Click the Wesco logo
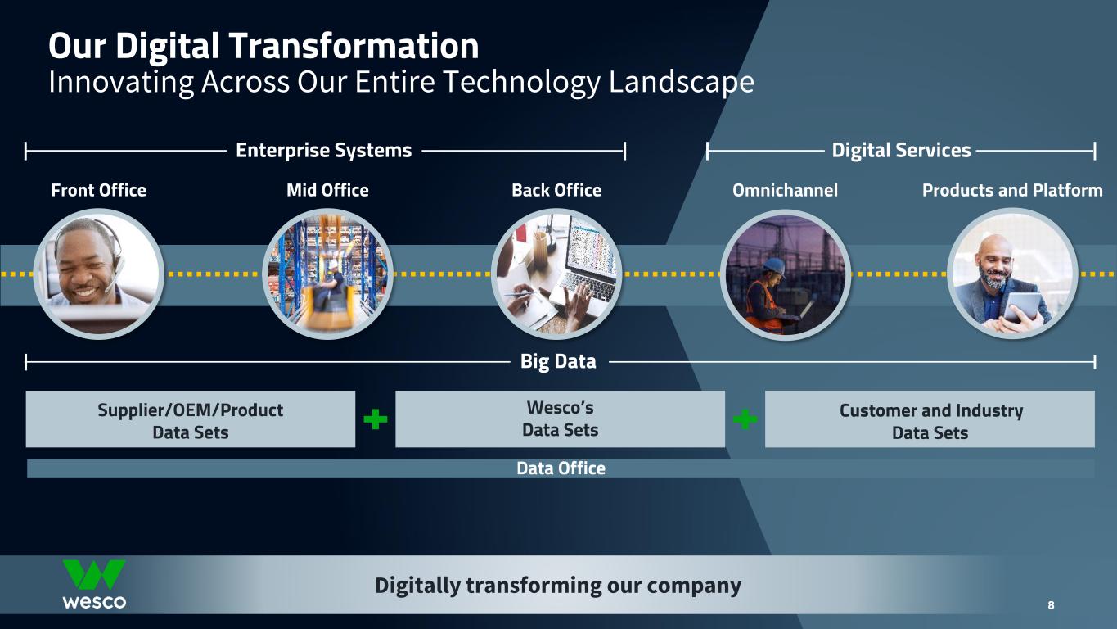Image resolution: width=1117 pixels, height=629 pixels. coord(94,584)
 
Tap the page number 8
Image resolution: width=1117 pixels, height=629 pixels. coord(1051,605)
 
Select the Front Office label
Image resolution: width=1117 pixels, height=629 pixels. coord(98,191)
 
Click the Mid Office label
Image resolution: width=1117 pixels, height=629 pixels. coord(327,191)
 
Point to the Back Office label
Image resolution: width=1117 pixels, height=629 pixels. coord(556,191)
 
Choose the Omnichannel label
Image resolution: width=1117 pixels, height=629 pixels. coord(785,191)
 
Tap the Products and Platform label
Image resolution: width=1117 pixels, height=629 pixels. coord(1012,191)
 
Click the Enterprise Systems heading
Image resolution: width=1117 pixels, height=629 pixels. coord(324,151)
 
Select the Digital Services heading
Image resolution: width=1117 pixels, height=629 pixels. coord(901,151)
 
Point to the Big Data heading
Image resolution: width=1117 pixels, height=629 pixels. coord(558,361)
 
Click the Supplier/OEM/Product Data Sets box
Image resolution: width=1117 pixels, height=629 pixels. coord(191,419)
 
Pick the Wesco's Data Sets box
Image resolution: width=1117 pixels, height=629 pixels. coord(560,419)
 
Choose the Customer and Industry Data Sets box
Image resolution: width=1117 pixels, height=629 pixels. coord(930,419)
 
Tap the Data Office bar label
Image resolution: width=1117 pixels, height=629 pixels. coord(561,468)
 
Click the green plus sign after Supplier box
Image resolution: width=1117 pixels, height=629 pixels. coord(375,419)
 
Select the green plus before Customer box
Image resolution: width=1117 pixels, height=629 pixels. coord(745,419)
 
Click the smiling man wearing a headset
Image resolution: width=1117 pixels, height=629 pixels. coord(90,266)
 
